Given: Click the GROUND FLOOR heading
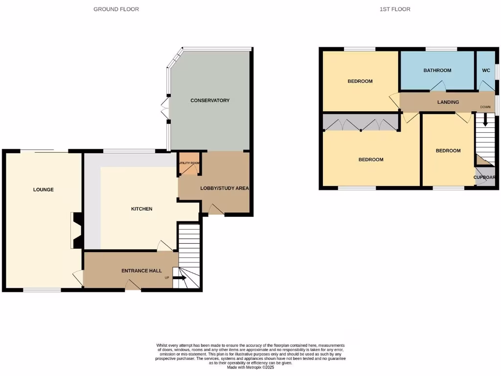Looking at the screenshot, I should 116,9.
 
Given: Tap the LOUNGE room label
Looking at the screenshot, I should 44,189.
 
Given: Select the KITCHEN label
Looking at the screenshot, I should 141,209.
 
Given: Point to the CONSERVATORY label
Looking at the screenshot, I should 210,100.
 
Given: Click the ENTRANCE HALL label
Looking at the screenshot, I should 141,271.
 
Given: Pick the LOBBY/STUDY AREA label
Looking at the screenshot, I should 225,188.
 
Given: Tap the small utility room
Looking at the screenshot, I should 188,166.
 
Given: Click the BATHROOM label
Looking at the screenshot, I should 437,70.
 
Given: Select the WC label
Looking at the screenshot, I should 486,70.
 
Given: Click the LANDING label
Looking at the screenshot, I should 448,102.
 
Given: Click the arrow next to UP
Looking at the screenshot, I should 180,278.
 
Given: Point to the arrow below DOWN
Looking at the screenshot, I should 485,119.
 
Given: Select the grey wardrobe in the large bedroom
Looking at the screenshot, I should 361,123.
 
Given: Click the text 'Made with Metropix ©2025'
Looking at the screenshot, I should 250,367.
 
